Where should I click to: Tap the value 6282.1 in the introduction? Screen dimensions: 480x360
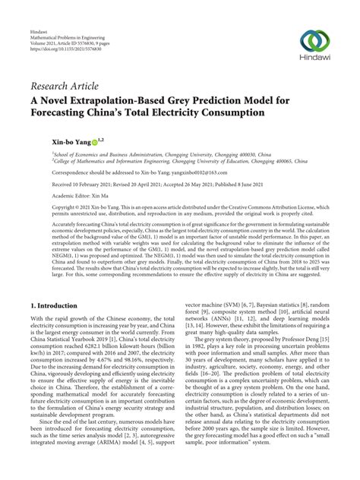(109, 342)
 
